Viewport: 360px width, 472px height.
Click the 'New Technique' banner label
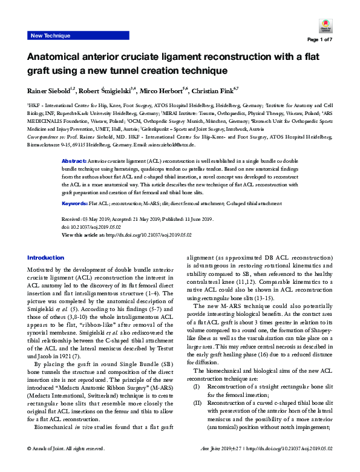pyautogui.click(x=50, y=36)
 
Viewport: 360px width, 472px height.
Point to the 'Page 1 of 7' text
pyautogui.click(x=319, y=40)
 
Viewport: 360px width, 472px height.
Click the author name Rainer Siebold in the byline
pyautogui.click(x=48, y=91)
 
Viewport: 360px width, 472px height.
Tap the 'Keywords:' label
pyautogui.click(x=76, y=205)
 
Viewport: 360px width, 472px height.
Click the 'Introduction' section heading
pyautogui.click(x=46, y=257)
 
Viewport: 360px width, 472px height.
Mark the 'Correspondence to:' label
pyautogui.click(x=47, y=138)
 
